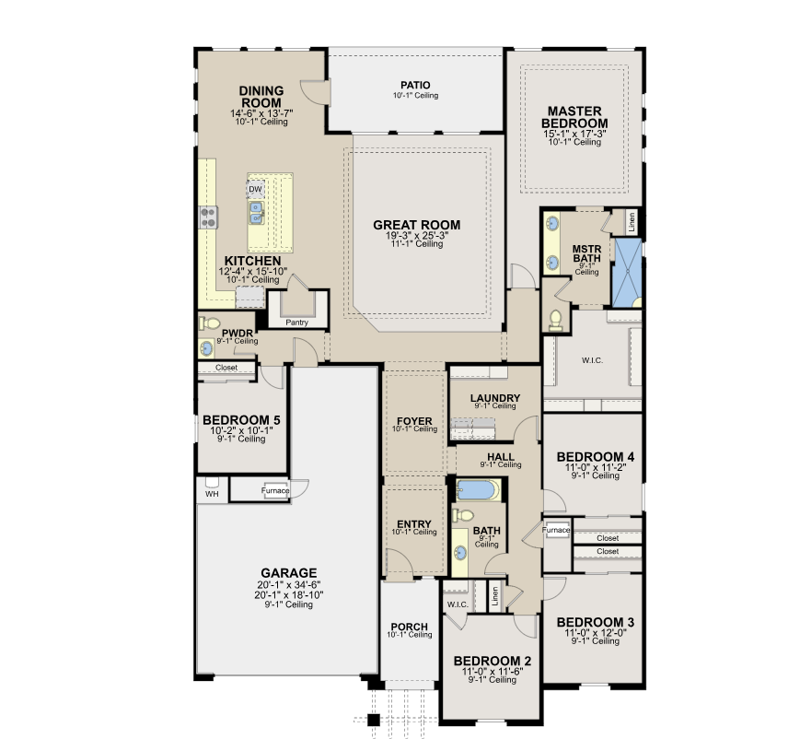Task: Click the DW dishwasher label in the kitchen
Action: (255, 189)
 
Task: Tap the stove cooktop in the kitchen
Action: (209, 217)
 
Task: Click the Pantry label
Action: (296, 323)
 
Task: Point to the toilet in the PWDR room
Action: (210, 324)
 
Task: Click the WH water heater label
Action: (212, 493)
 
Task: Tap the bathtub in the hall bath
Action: (477, 488)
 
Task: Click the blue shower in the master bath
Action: (627, 271)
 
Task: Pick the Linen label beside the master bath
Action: (631, 221)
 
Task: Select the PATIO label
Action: (415, 85)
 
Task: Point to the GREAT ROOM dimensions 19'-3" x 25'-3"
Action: (416, 236)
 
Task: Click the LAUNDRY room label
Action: (495, 398)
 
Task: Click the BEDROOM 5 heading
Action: (241, 420)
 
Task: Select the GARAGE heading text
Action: (288, 572)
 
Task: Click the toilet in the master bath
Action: (556, 319)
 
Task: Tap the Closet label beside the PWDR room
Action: (226, 367)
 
